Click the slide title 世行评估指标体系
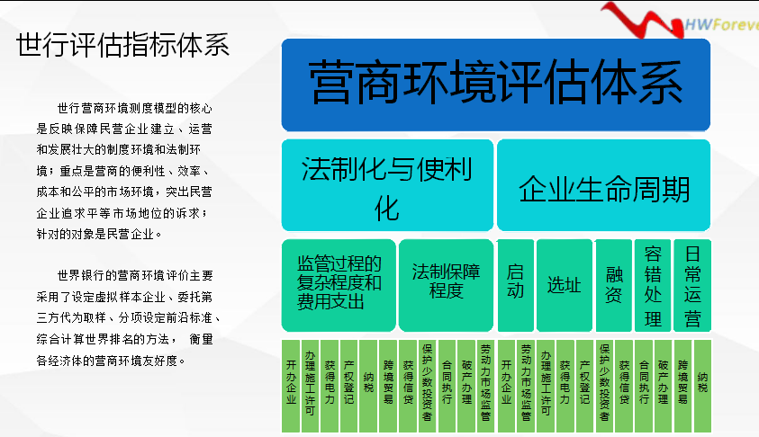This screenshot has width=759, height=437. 123,46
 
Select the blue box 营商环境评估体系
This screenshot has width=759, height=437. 496,85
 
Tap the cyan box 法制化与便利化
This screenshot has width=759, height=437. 387,185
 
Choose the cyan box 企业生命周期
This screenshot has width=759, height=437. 603,185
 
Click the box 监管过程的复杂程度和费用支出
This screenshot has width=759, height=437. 339,285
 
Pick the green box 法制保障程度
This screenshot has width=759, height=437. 446,285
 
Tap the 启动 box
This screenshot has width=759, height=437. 516,285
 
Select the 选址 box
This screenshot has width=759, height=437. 565,285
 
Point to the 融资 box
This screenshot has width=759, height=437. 614,285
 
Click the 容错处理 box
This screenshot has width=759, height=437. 653,285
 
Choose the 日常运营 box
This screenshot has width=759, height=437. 692,285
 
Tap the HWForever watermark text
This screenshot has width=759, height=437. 722,24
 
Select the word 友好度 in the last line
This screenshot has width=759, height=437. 160,361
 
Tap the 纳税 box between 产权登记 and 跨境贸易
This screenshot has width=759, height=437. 368,386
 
